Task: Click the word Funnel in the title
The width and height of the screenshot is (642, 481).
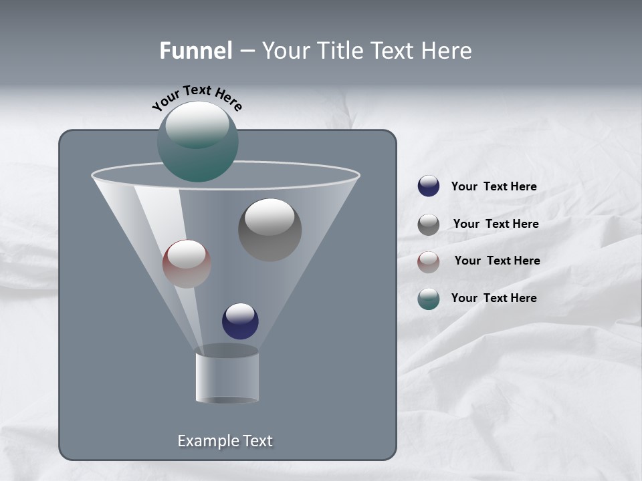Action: [196, 51]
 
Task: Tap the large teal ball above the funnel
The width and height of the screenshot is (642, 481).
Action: [198, 141]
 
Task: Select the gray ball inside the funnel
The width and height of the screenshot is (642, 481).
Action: [270, 230]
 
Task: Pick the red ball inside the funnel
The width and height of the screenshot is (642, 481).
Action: [187, 264]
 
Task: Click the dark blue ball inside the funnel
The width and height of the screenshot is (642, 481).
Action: [240, 321]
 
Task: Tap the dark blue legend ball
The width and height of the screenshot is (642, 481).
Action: [429, 186]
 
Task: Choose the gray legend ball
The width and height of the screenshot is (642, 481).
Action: [429, 224]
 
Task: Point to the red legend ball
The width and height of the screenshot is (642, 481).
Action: [429, 262]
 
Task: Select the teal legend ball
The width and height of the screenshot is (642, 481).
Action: [429, 299]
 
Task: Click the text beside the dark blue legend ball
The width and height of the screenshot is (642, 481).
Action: [494, 186]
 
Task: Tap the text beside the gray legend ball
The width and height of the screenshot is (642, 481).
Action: [496, 224]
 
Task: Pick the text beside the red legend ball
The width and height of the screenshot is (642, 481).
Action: [497, 261]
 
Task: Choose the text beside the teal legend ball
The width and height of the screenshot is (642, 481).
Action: [494, 298]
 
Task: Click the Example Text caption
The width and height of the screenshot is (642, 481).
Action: [225, 441]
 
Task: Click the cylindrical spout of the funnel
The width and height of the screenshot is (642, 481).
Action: [227, 377]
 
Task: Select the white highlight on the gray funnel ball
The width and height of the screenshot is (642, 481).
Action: [270, 216]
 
